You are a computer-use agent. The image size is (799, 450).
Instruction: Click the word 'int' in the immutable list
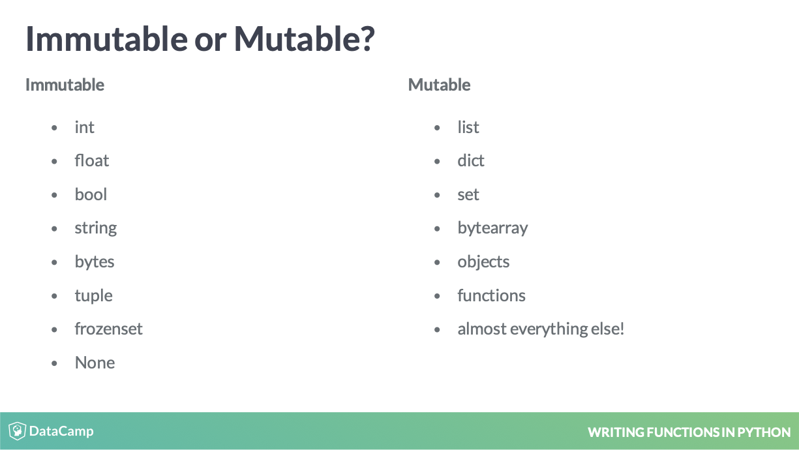(x=85, y=127)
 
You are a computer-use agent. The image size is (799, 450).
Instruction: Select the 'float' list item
(x=92, y=160)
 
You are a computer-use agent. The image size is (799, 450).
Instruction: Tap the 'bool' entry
(x=91, y=194)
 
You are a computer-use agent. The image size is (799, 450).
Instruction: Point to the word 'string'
(x=96, y=228)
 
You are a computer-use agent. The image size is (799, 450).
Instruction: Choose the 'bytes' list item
(x=94, y=262)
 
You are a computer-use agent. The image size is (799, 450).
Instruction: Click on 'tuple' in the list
(x=93, y=296)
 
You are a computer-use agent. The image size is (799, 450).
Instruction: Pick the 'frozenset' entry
(x=108, y=329)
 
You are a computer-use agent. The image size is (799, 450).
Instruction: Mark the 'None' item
(x=95, y=363)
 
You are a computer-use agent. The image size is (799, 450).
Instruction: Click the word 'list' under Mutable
(x=468, y=127)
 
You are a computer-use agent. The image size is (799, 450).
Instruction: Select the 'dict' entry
(x=471, y=160)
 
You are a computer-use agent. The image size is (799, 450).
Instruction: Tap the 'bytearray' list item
(x=492, y=228)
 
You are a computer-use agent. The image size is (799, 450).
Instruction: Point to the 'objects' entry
(x=483, y=262)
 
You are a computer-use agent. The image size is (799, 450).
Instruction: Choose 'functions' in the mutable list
(x=491, y=295)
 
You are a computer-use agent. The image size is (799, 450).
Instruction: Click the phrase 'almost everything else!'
(x=541, y=329)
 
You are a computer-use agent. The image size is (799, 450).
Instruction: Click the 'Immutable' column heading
(x=65, y=85)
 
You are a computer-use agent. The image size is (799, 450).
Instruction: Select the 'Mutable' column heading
(x=439, y=85)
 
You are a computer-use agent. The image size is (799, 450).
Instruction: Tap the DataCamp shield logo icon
(x=17, y=430)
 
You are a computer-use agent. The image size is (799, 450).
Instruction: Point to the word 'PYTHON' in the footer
(x=764, y=432)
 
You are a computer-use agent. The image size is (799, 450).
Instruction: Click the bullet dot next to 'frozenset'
(x=54, y=330)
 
